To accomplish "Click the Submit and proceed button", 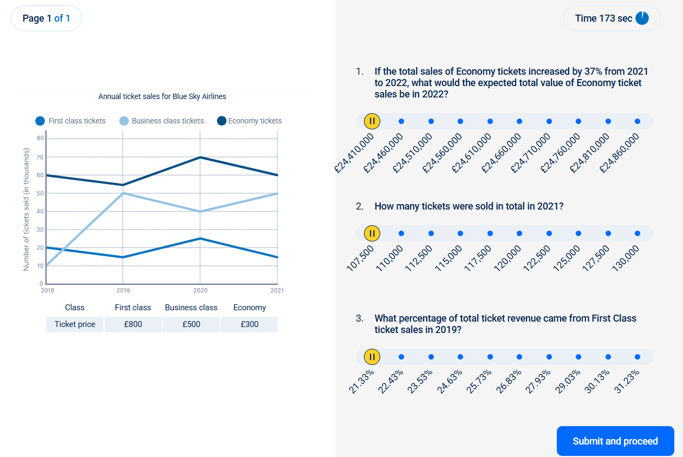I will (615, 441).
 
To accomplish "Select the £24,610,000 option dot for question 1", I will (490, 121).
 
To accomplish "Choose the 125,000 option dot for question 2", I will (578, 233).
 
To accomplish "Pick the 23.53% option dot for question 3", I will (431, 357).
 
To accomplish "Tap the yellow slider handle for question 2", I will (372, 233).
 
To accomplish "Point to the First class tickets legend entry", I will (70, 121).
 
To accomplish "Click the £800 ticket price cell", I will (133, 324).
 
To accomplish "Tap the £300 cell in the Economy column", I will (249, 324).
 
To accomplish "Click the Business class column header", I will (191, 308).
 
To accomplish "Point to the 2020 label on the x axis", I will (200, 291).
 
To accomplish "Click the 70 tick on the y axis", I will (41, 158).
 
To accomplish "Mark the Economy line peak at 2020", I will (200, 157).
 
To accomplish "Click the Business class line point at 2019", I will (123, 193).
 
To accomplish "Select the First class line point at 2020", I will (200, 238).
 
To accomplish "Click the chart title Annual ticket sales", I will (162, 96).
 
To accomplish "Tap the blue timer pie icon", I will (642, 18).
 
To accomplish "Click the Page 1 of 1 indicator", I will (47, 18).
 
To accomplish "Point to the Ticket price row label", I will (75, 324).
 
